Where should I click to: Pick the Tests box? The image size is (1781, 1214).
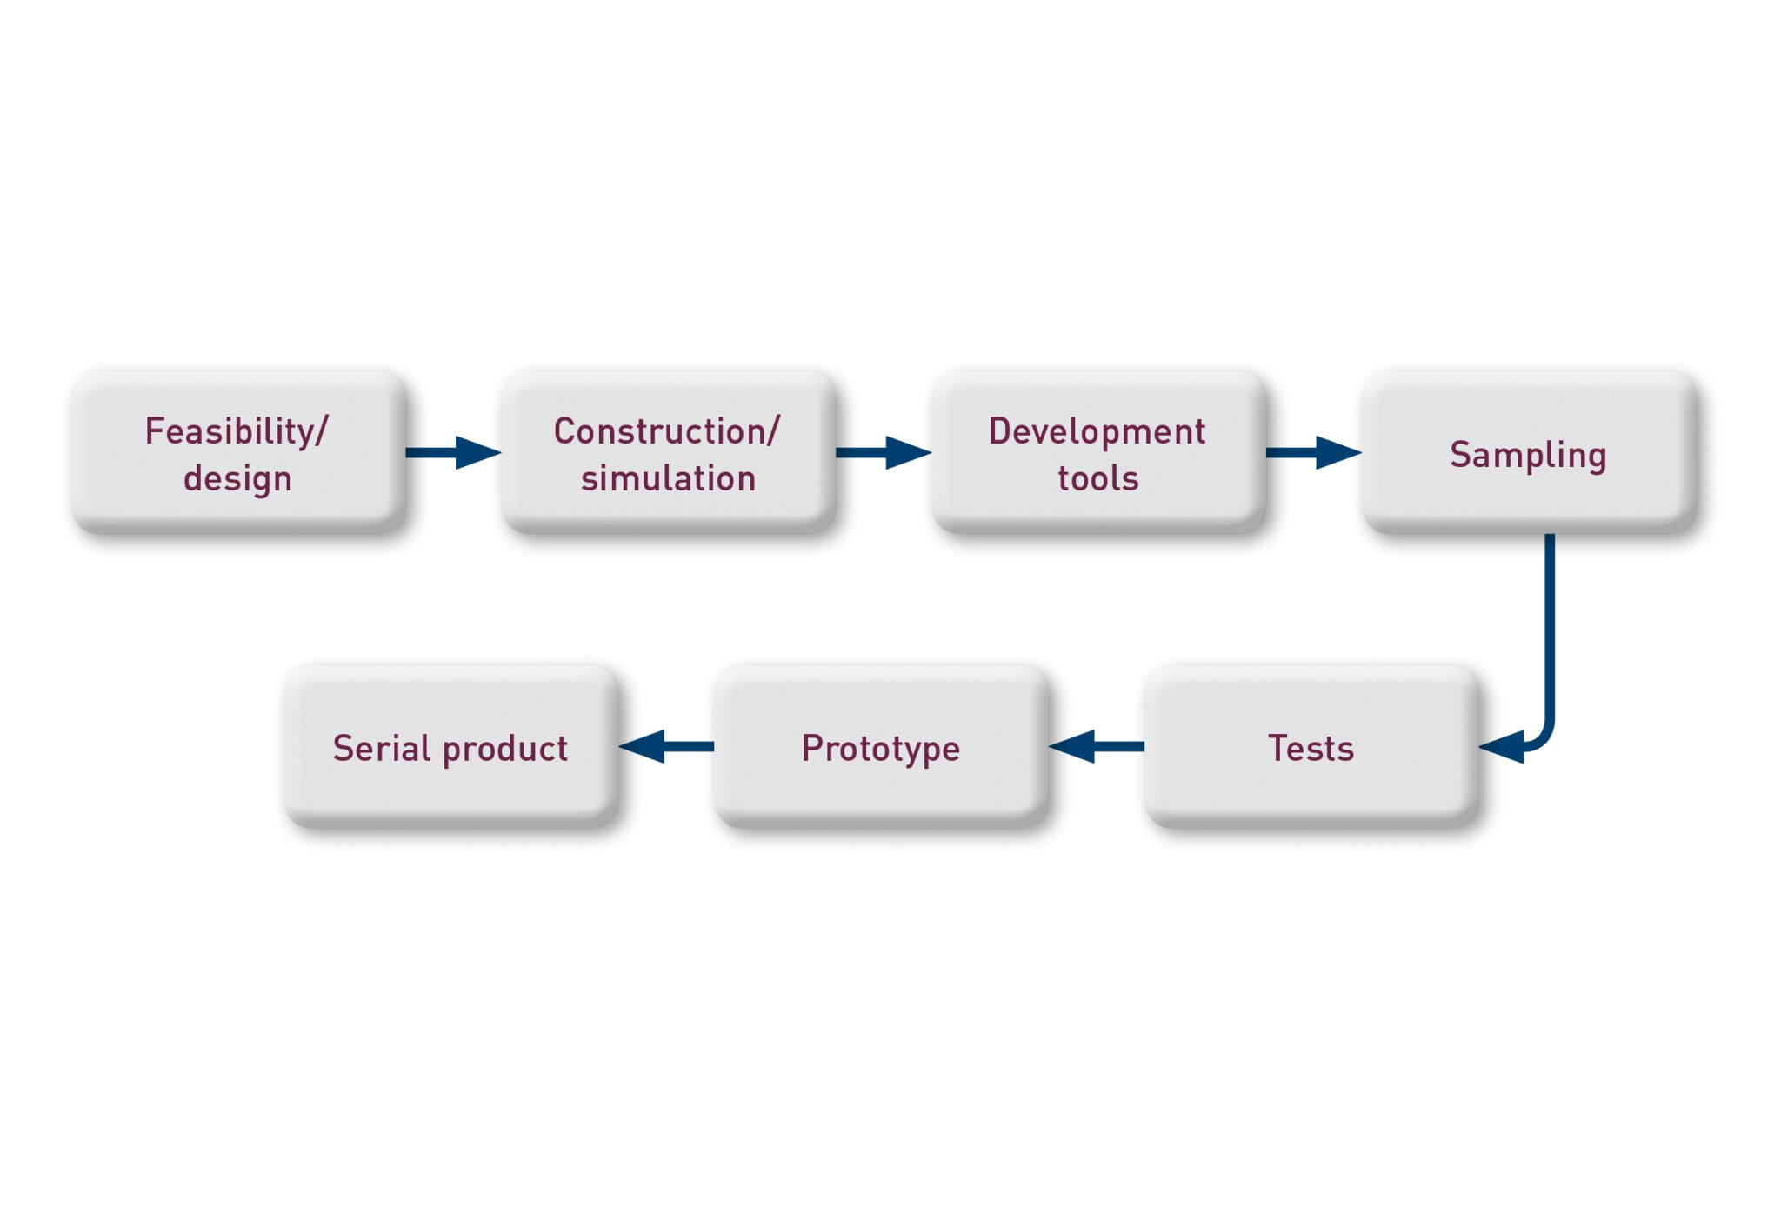coord(1311,745)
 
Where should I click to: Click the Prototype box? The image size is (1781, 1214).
coord(881,745)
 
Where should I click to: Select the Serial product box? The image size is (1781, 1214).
coord(451,745)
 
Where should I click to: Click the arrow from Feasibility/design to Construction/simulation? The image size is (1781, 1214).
coord(453,452)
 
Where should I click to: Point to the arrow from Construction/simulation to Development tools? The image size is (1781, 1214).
coord(884,452)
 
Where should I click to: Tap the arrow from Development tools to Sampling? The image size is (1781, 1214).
coord(1313,452)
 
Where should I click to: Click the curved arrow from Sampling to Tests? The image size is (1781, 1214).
coord(1550,644)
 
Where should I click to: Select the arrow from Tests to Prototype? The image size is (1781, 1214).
coord(1097,746)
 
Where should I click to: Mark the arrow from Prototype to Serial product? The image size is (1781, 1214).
coord(666,746)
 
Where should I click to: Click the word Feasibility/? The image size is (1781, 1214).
coord(237,432)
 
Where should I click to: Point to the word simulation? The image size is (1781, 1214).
coord(668,478)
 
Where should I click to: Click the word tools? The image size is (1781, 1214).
coord(1098,478)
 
